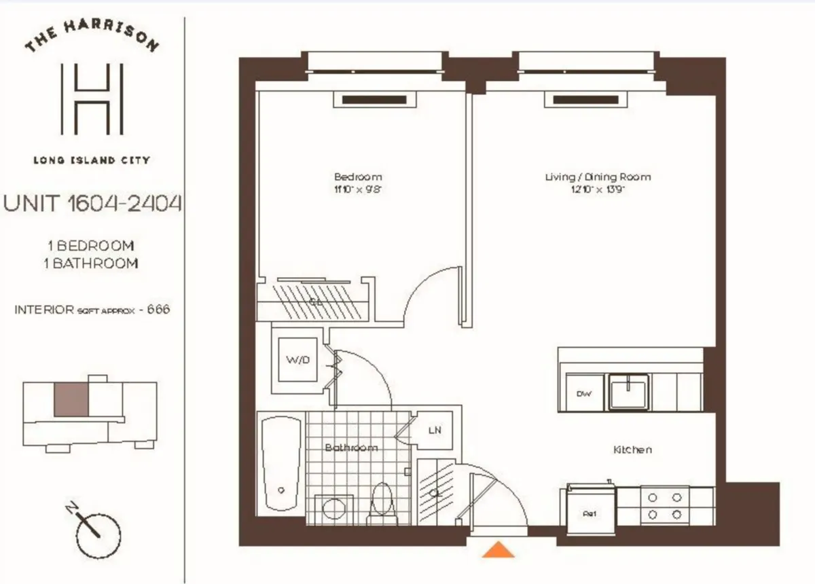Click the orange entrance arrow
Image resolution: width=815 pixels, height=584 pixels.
(499, 549)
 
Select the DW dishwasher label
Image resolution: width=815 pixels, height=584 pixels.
(583, 394)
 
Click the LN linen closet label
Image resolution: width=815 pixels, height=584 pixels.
(435, 431)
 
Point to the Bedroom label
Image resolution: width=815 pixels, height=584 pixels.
(357, 177)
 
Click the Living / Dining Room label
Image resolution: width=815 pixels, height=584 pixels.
(598, 177)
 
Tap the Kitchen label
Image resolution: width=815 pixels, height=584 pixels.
(632, 450)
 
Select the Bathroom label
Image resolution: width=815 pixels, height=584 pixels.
(350, 448)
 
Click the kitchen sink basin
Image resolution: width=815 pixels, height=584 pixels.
(628, 392)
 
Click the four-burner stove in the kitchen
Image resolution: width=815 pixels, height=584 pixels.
(664, 506)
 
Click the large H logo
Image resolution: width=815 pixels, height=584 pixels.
(92, 99)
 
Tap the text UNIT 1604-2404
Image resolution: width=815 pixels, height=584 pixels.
(93, 203)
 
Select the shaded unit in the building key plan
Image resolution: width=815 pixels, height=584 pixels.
(71, 399)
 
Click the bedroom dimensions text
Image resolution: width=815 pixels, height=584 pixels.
(357, 190)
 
